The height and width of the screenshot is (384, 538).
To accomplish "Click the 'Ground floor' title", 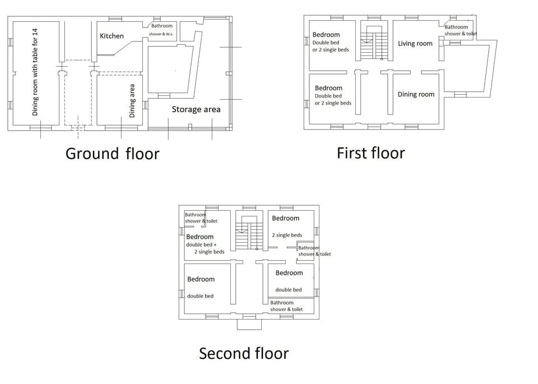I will click(x=112, y=154).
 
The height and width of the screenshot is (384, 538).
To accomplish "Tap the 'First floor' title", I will click(x=370, y=152).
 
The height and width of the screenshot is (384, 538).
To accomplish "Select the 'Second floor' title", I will click(x=244, y=353).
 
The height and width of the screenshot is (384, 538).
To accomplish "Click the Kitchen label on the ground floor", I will click(x=112, y=36).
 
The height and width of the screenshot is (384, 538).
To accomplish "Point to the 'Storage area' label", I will click(x=196, y=109).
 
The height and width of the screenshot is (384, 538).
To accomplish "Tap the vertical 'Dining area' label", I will click(x=132, y=100).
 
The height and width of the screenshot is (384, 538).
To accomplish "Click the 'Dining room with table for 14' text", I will click(x=35, y=73).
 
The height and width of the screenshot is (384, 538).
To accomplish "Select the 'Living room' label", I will click(x=415, y=44).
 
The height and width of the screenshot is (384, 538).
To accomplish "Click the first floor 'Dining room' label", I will click(x=416, y=94).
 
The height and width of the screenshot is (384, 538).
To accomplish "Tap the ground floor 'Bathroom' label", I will click(x=162, y=26).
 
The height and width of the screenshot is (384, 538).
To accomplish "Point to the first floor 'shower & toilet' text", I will click(x=461, y=34).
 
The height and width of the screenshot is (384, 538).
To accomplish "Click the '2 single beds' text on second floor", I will click(x=287, y=235).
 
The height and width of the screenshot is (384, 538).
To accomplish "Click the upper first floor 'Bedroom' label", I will click(x=326, y=35).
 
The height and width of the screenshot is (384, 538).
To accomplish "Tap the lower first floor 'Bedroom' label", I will click(x=328, y=88).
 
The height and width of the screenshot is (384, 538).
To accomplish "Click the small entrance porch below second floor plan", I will click(x=249, y=324).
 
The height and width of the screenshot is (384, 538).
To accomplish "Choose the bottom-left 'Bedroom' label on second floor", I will click(x=201, y=279).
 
